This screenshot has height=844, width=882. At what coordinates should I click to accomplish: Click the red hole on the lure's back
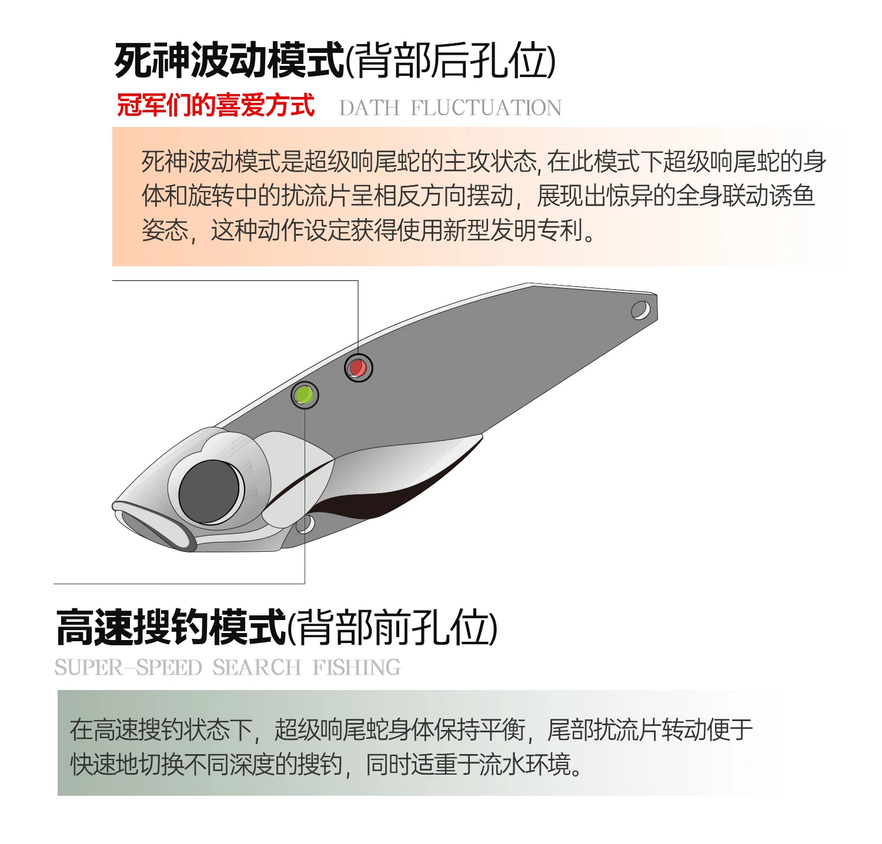tap(358, 368)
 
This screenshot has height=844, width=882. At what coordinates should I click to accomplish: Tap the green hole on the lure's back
tap(305, 395)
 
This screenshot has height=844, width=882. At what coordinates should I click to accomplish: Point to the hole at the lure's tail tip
tap(640, 309)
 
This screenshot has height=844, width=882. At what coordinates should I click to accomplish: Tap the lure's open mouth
tap(154, 528)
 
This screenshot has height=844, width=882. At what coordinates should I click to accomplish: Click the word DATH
tap(369, 108)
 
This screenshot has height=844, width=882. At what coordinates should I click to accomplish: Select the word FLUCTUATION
tap(486, 108)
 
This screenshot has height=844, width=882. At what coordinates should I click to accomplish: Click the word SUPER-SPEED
tap(128, 668)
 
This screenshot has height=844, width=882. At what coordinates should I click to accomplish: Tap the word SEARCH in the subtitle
tap(256, 668)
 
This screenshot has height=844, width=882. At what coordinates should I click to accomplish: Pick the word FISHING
tap(356, 668)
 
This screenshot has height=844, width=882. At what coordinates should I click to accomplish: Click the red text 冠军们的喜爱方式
tap(216, 106)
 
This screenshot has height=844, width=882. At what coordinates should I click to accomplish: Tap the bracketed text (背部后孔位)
tap(450, 61)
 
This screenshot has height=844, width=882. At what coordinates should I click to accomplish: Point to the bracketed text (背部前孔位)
tap(392, 628)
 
